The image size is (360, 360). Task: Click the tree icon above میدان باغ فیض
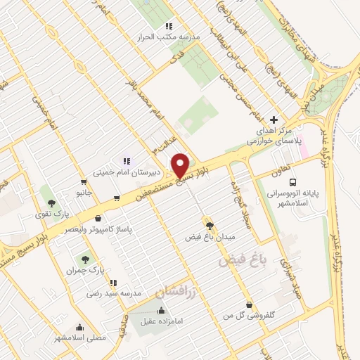(209, 224)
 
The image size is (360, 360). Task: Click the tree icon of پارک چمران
(85, 259)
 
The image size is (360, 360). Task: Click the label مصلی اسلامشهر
(80, 337)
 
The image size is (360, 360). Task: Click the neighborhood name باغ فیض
(235, 261)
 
